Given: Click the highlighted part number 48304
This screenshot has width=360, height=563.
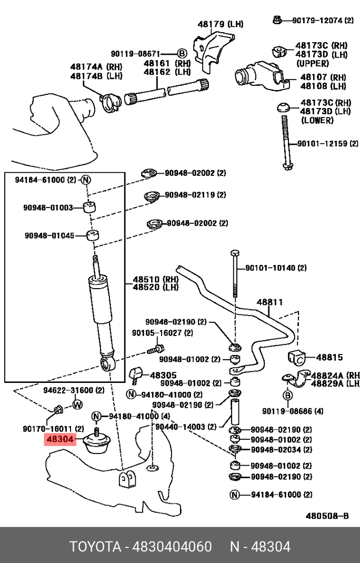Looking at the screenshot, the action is [60, 439].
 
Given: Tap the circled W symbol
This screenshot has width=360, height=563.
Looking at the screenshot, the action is [77, 404].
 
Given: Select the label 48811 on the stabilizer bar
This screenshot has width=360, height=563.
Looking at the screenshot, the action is [269, 302].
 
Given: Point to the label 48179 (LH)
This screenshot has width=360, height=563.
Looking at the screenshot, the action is [221, 24].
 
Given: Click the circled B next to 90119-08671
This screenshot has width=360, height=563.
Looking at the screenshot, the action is [182, 54].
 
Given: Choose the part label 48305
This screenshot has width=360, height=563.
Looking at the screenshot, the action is [163, 375].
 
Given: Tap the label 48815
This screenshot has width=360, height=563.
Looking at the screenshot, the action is [329, 357].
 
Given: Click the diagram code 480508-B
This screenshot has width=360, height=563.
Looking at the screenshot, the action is [327, 516].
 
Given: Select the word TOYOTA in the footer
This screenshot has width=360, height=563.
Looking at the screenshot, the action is [95, 547].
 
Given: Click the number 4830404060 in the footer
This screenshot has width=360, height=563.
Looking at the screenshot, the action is [172, 547].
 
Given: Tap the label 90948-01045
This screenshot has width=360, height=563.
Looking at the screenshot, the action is [49, 235].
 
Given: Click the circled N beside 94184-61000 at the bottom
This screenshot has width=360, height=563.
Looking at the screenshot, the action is [234, 495].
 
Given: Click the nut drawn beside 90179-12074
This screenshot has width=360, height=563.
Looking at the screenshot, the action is [276, 20].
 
